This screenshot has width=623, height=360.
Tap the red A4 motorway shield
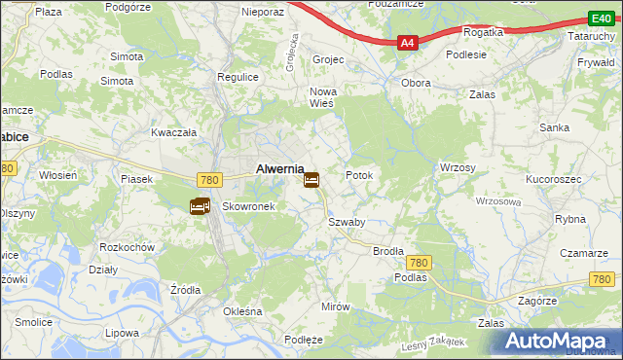(x=407, y=43)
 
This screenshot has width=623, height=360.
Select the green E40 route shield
(x=600, y=18)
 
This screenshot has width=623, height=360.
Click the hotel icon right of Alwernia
(x=311, y=180)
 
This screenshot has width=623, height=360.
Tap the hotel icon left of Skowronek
(x=200, y=206)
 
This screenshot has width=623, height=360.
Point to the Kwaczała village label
(x=174, y=131)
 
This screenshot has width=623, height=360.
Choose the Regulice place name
(x=237, y=77)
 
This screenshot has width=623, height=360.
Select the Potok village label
(x=359, y=175)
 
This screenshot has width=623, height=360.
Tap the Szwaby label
(x=347, y=222)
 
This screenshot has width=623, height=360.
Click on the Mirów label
(x=335, y=306)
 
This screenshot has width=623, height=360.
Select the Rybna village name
(x=570, y=219)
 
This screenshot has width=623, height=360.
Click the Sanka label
(x=555, y=127)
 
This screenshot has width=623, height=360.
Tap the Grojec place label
(x=329, y=59)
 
